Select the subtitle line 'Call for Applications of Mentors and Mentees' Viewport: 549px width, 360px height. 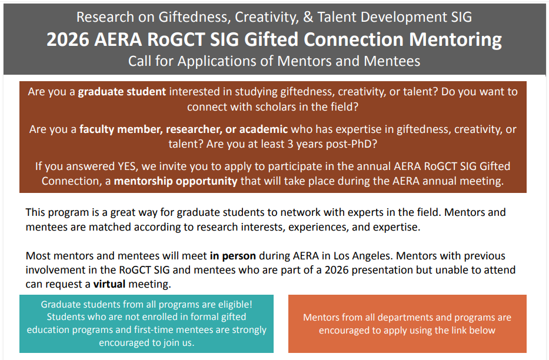coord(274,61)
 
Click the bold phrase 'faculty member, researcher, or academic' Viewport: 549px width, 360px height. coord(184,129)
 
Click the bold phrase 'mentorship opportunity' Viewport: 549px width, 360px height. coord(175,181)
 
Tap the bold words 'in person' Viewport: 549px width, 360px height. coord(233,256)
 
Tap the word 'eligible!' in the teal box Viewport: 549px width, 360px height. coord(231,304)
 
